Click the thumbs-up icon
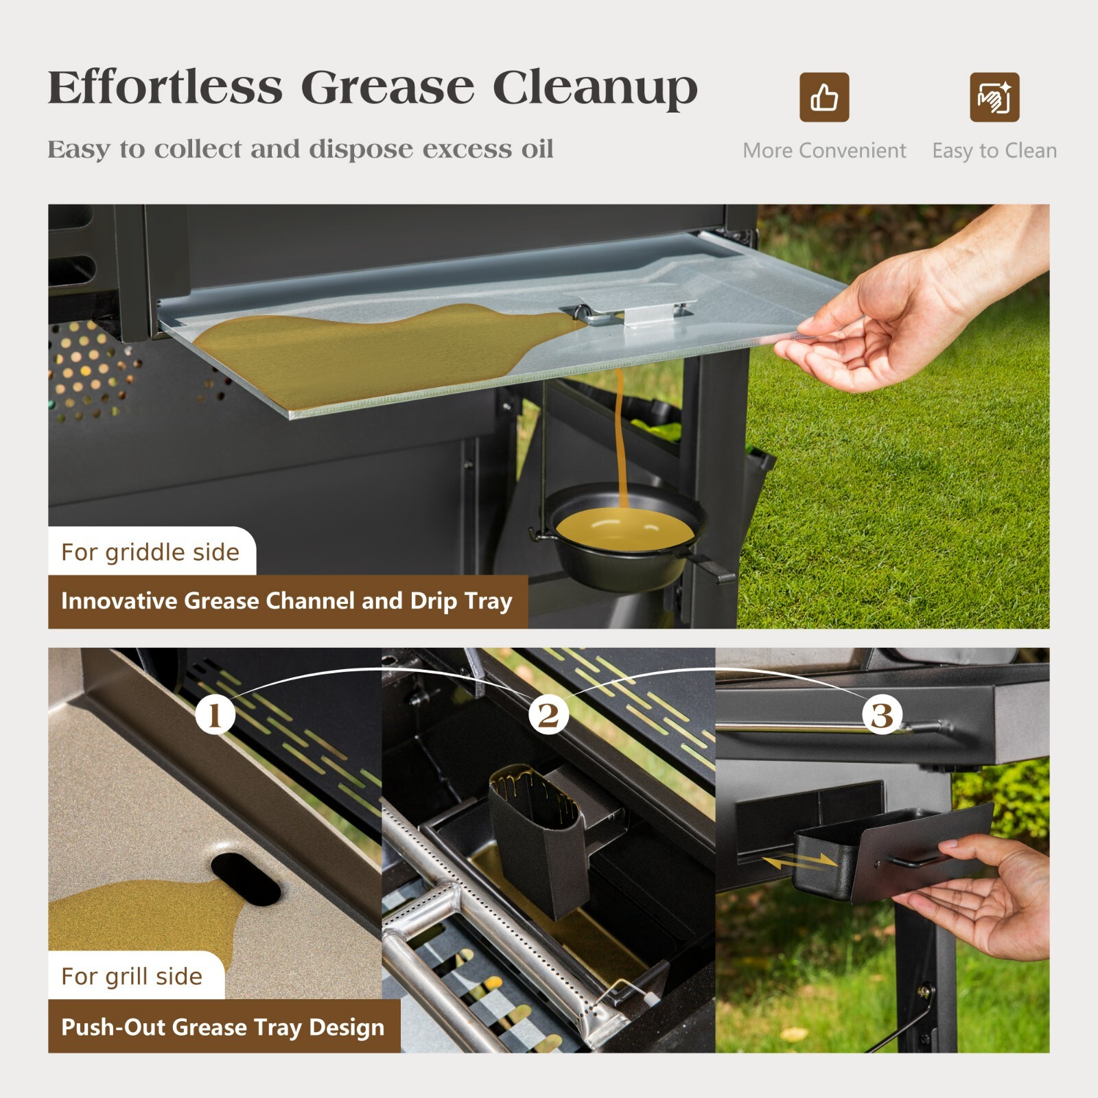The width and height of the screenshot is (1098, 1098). pos(823,97)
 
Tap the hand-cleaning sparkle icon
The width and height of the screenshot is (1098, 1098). pos(994,97)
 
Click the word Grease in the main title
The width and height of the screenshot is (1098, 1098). pos(387,88)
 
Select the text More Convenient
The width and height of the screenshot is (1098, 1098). pos(823,150)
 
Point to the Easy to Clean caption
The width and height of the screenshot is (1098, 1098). pos(994,150)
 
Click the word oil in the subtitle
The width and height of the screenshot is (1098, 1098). pos(537,149)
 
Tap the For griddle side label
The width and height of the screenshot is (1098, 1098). pos(150,552)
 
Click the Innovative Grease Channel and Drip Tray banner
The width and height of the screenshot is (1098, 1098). pos(287,601)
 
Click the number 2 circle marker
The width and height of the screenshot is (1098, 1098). pos(548,714)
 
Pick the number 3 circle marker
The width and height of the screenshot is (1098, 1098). pos(882,714)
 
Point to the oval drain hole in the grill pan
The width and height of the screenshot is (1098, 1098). pos(246,879)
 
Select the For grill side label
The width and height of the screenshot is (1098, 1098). pos(132,976)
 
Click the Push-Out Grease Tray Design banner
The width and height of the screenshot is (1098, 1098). pos(223,1027)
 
